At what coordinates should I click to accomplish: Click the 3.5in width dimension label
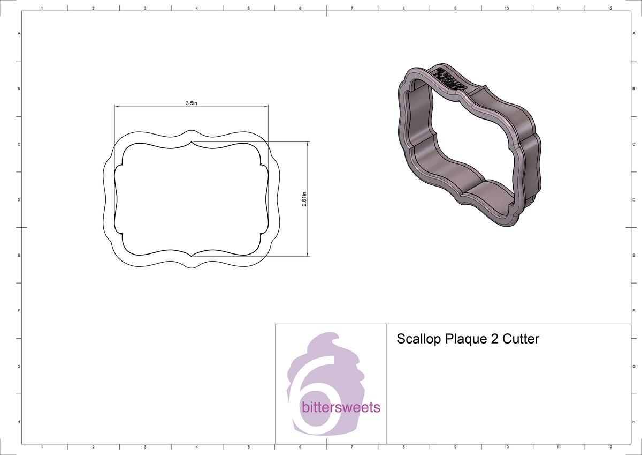(x=192, y=103)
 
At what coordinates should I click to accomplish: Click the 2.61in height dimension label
(x=304, y=200)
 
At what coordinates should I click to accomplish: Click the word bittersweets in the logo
(x=341, y=408)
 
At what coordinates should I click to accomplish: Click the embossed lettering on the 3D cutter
(x=449, y=78)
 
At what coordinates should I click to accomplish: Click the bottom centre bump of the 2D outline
(x=192, y=267)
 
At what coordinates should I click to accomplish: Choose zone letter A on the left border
(x=19, y=33)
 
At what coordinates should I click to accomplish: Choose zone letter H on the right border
(x=633, y=422)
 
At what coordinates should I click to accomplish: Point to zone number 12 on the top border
(x=610, y=9)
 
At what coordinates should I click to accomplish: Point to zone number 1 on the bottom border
(x=42, y=447)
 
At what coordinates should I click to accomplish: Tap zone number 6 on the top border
(x=300, y=9)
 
